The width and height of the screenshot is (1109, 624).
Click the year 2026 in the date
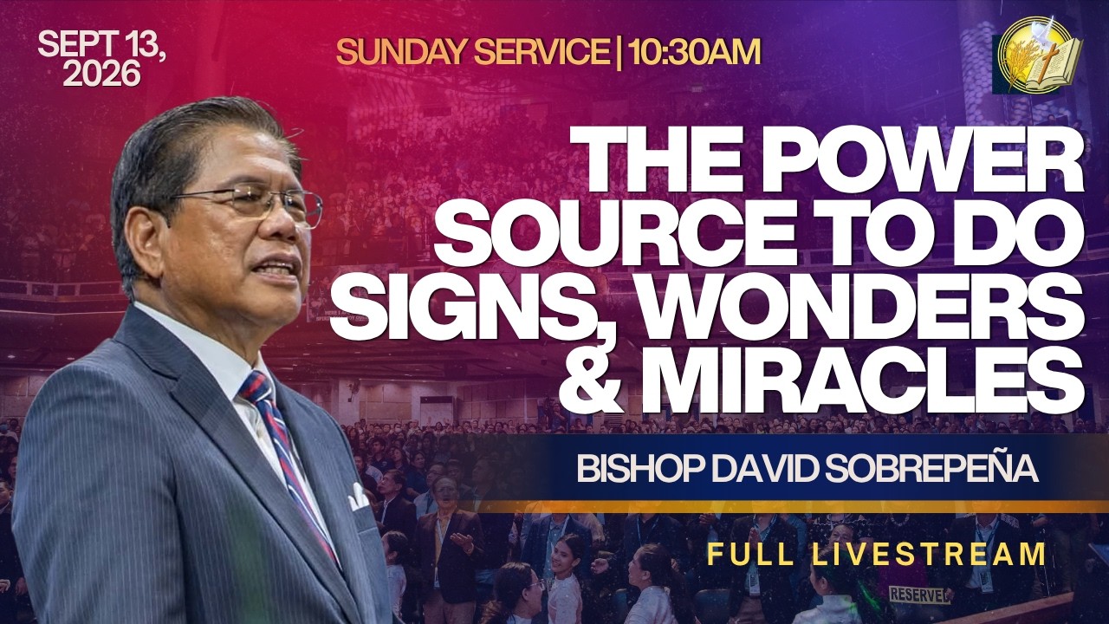click(101, 74)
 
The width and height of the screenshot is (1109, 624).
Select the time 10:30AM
click(693, 52)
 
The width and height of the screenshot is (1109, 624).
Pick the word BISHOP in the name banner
click(640, 469)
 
